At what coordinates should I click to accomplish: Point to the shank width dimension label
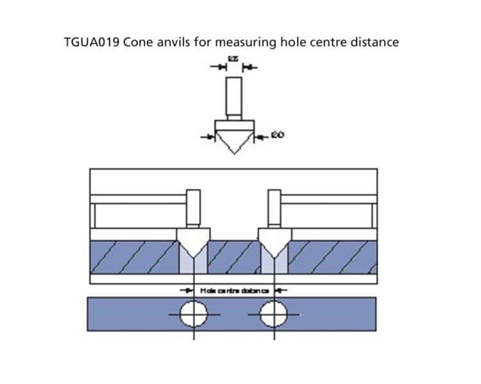click(x=233, y=59)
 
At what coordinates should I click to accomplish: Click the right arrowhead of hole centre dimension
click(x=281, y=291)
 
